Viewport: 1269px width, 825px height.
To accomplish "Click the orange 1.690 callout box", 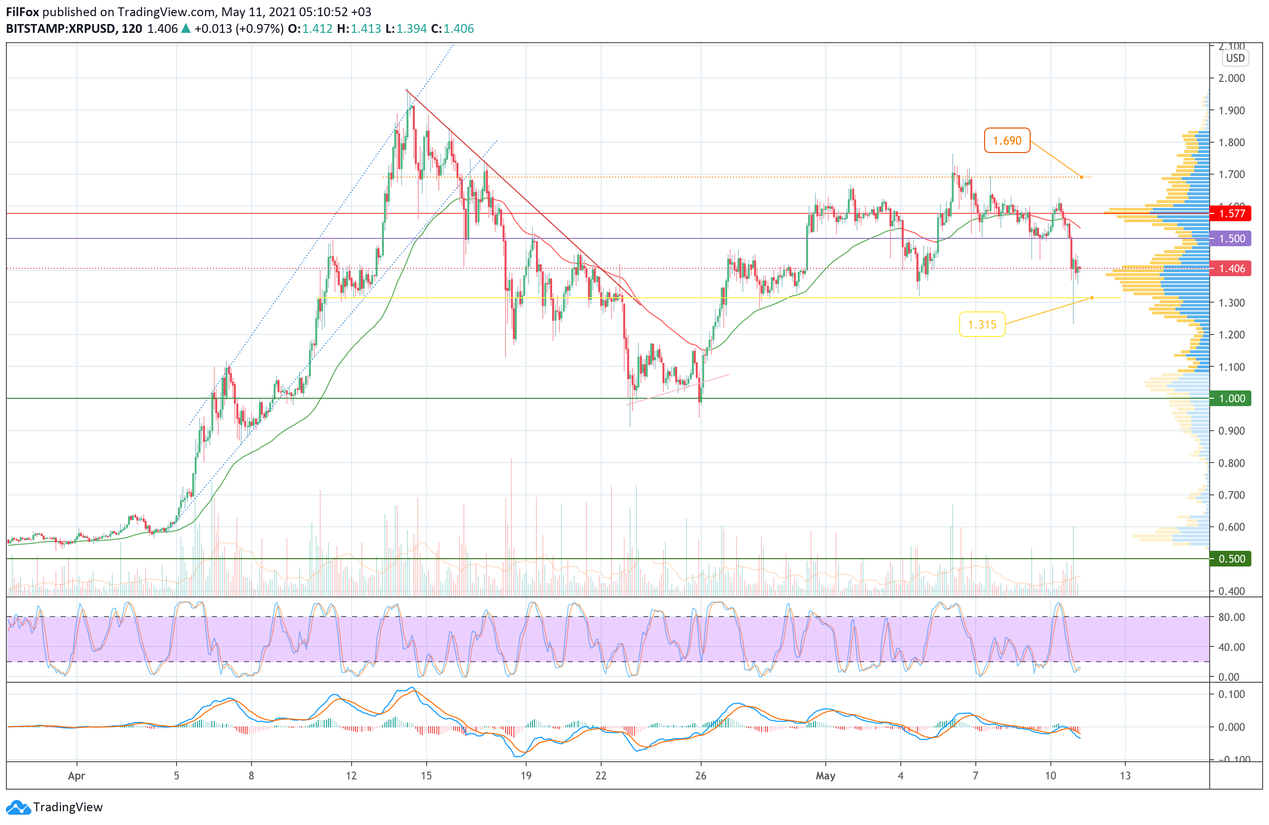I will [x=1007, y=141].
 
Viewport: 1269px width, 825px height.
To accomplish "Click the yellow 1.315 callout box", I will [x=982, y=324].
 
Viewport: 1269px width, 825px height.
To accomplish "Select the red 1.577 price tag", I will [x=1232, y=214].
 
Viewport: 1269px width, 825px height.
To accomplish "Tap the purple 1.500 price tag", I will [x=1232, y=238].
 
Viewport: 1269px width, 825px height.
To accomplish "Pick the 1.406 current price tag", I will [x=1232, y=268].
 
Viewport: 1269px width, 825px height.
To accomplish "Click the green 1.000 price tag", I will [x=1232, y=398].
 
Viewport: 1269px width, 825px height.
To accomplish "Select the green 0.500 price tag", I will [x=1232, y=559].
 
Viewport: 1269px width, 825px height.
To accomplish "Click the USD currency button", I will [x=1235, y=58].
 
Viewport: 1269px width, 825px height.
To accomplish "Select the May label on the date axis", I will [x=825, y=776].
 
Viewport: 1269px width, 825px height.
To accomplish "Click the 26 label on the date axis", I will [x=701, y=776].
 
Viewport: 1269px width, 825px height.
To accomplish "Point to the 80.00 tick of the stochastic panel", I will [x=1232, y=617].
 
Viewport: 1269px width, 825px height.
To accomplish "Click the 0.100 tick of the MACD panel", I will [x=1232, y=695].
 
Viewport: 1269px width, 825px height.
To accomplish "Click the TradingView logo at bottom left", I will [x=54, y=807].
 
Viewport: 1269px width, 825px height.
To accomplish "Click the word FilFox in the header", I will [x=23, y=12].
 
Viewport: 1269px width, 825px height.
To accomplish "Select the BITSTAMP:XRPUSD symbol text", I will [x=60, y=29].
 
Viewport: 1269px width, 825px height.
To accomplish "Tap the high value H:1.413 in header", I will [x=359, y=29].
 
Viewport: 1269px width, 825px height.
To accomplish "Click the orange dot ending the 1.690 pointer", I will [x=1082, y=177].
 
